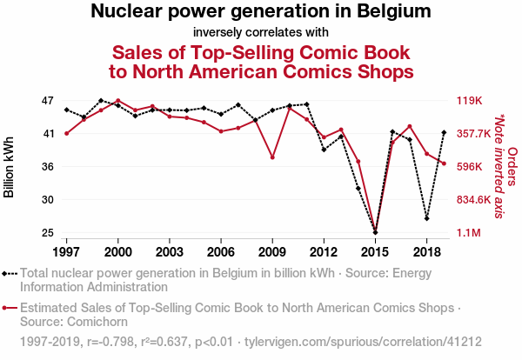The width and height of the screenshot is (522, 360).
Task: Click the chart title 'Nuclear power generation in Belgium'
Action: click(x=261, y=12)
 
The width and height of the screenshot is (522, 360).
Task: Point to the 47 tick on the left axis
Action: click(x=48, y=101)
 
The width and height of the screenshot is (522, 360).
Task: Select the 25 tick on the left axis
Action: click(x=48, y=233)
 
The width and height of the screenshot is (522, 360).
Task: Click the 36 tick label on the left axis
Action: click(x=48, y=167)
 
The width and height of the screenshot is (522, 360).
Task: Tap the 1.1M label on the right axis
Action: click(x=470, y=233)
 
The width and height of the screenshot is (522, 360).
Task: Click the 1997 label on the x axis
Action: click(x=66, y=251)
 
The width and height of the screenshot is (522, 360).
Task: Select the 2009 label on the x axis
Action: click(x=272, y=251)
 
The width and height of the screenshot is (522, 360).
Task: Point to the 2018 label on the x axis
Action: click(x=426, y=251)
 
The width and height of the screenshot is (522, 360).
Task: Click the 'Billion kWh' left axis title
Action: click(x=10, y=167)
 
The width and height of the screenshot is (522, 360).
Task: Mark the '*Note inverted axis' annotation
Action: click(x=499, y=167)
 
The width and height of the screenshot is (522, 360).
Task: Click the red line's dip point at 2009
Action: click(x=272, y=157)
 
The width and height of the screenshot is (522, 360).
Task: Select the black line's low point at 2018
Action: click(x=426, y=218)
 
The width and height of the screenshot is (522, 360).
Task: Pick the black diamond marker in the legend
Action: click(x=9, y=272)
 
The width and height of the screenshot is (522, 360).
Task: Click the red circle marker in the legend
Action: click(x=9, y=308)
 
